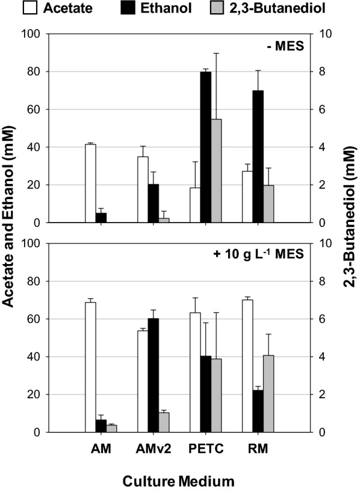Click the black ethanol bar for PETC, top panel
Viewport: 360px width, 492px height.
tap(206, 147)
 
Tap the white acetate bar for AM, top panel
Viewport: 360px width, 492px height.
tap(90, 183)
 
